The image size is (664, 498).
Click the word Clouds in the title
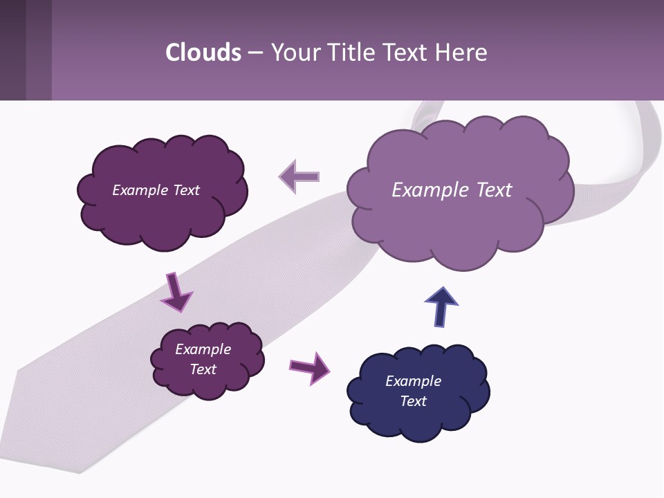pos(203,53)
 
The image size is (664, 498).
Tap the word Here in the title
pos(462,53)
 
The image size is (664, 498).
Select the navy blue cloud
pos(418,415)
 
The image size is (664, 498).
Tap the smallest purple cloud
pos(207,384)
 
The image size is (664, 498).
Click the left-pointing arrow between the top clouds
pos(299,176)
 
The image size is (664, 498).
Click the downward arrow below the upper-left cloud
pos(176,291)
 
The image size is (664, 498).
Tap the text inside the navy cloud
pos(413,391)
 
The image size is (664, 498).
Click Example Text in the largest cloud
pos(452,190)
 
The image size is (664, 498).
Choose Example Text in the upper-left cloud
pos(156,190)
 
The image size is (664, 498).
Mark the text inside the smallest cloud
pos(203,359)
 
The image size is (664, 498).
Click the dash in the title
pos(255,53)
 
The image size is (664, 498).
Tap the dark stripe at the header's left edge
pos(12,50)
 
